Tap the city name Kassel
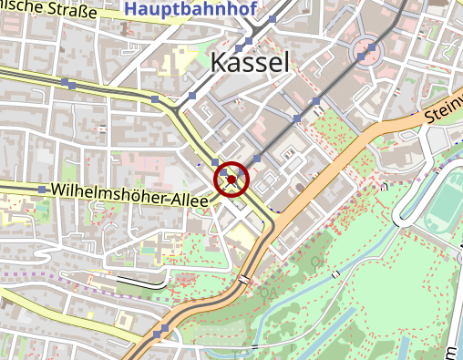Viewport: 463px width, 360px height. pos(250,62)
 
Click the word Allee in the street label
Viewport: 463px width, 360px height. pos(186,200)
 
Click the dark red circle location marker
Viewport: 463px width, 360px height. pos(231,180)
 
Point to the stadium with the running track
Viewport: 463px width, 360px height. pos(445,202)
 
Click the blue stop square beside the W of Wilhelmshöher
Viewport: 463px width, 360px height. pos(42,189)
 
